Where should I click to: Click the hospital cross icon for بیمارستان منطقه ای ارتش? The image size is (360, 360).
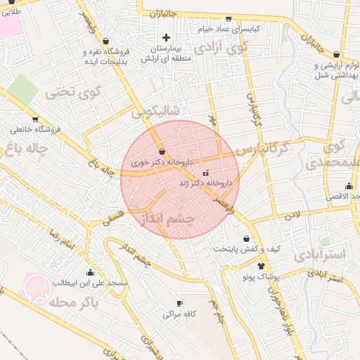166,37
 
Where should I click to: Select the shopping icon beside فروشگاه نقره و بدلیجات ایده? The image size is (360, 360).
105,41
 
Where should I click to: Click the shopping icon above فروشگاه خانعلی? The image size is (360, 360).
34,119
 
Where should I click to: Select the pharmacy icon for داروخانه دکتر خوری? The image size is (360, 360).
162,151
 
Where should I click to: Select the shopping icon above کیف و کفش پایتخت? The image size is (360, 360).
245,238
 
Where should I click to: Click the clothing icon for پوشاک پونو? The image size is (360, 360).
262,266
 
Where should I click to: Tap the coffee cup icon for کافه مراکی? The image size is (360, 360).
179,303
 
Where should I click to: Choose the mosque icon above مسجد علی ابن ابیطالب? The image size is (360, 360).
90,273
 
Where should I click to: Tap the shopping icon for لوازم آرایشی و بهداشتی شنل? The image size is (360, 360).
337,54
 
